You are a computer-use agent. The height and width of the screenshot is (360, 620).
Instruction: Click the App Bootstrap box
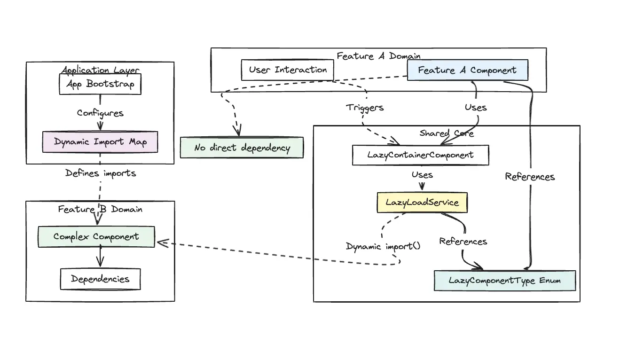point(100,85)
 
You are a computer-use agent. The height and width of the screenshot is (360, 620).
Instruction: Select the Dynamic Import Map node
point(100,142)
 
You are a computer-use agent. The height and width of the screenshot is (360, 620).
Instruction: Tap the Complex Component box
point(96,237)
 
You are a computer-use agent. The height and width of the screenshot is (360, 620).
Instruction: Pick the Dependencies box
point(100,279)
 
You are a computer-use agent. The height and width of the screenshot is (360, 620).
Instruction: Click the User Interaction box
point(288,70)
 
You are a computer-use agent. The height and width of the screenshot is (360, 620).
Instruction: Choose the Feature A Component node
point(467,70)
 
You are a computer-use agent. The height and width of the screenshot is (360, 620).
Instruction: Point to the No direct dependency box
point(242,148)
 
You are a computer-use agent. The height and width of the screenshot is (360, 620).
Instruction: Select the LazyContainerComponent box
point(420,155)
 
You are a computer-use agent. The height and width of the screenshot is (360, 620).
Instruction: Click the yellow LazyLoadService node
point(422,203)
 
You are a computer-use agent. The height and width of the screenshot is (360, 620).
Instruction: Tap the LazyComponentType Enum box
point(505,281)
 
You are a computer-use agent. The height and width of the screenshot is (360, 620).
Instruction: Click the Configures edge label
point(100,113)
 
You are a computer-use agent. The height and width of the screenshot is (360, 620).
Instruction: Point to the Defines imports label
point(101,173)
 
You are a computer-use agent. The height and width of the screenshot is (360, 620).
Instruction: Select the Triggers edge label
point(365,108)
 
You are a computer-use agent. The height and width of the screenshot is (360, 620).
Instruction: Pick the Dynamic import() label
point(383,246)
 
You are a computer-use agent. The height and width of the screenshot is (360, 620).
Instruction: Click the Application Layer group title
point(100,70)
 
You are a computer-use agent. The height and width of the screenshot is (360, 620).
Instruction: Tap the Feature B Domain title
point(100,209)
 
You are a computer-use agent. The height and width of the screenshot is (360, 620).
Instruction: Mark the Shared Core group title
point(447,133)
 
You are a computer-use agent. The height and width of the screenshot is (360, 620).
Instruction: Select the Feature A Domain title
point(378,56)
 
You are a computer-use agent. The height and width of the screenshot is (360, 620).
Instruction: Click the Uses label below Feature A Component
point(476,108)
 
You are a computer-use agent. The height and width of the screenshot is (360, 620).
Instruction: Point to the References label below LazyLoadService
point(463,242)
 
